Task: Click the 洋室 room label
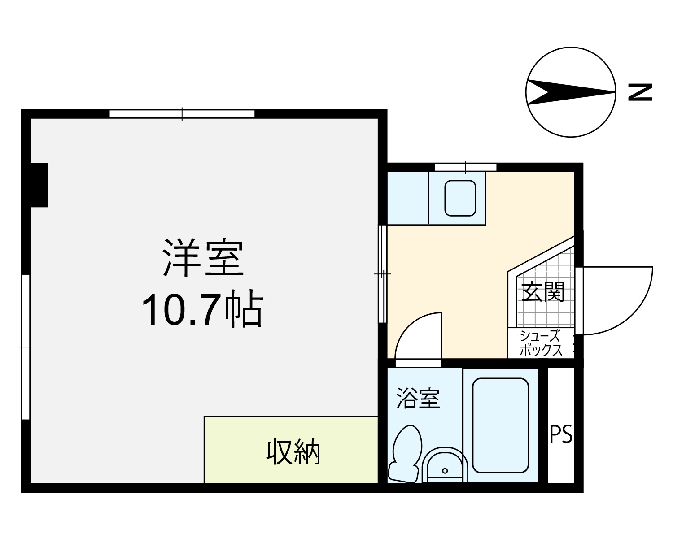[203, 258]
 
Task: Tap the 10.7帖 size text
[203, 308]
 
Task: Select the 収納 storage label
[293, 451]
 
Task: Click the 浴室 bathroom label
[419, 398]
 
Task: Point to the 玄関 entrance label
[543, 291]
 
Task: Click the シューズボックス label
[541, 343]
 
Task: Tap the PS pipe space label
[561, 434]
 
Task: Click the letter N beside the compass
[640, 92]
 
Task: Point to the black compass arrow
[570, 92]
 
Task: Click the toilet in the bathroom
[406, 454]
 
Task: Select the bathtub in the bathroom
[500, 425]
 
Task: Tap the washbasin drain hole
[445, 470]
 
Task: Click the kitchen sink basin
[460, 198]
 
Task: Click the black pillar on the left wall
[39, 185]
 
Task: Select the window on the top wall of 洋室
[182, 114]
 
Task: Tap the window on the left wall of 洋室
[26, 347]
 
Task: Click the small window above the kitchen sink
[465, 167]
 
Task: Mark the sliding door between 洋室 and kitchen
[382, 274]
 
